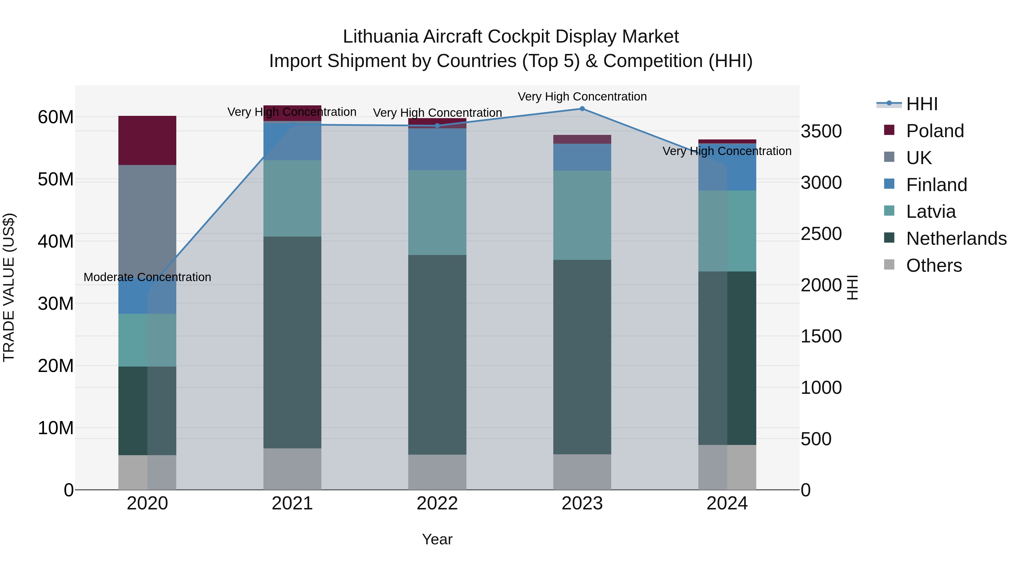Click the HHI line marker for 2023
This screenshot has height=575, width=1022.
pos(582,109)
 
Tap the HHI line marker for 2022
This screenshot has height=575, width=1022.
pos(437,126)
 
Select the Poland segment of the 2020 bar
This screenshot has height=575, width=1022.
pos(147,141)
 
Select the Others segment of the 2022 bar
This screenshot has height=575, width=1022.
pos(437,472)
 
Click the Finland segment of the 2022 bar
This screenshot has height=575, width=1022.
pos(437,149)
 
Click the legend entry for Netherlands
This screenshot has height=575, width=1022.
pos(956,239)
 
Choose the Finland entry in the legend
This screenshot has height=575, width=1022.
pos(936,185)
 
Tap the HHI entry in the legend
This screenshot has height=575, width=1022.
pos(922,104)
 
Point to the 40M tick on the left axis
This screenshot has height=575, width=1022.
pos(56,241)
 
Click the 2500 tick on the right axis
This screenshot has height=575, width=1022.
pos(821,234)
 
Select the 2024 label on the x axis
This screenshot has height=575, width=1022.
pos(727,503)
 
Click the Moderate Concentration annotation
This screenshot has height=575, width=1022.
pos(147,277)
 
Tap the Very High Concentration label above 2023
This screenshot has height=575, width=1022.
pos(582,97)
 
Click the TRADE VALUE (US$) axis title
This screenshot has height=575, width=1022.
pos(9,287)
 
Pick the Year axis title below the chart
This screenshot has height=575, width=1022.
pos(437,539)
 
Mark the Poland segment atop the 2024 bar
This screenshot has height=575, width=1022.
pos(727,142)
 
